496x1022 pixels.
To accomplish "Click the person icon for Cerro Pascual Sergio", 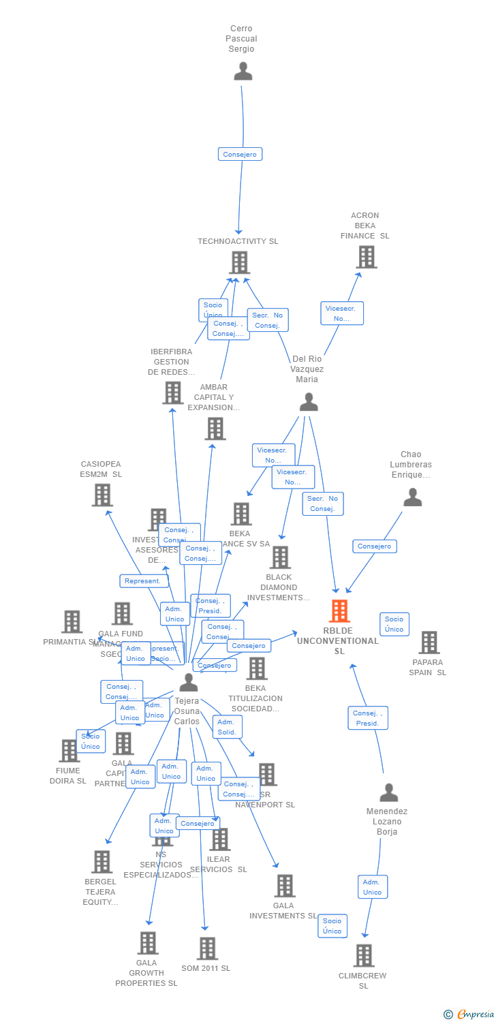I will [243, 71].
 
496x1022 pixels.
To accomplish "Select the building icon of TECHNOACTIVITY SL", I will [239, 262].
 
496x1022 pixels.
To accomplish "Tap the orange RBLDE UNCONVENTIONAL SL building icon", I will [339, 611].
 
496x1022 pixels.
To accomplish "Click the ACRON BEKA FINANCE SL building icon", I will [367, 257].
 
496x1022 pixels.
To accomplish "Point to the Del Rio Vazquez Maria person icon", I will [309, 402].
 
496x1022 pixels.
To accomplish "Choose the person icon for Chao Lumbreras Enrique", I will [412, 497].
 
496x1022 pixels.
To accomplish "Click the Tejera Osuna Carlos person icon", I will [189, 682].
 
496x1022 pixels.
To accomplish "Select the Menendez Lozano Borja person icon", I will [388, 792].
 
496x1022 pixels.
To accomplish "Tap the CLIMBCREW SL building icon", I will [364, 955].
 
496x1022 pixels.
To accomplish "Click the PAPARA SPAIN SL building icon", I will [429, 642].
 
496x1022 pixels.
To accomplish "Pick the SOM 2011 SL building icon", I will [207, 948].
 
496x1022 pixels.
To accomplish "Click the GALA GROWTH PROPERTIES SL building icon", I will [147, 943].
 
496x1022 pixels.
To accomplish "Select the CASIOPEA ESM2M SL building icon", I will [102, 495].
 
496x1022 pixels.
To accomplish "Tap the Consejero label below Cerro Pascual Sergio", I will [240, 154].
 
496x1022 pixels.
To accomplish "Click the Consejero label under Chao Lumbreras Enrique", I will [375, 546].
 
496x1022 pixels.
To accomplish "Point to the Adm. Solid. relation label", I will [227, 727].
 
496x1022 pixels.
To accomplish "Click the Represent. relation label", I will [144, 581].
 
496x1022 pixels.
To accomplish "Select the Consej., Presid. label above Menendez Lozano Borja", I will [367, 718].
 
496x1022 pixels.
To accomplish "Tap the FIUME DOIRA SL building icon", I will [69, 750].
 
